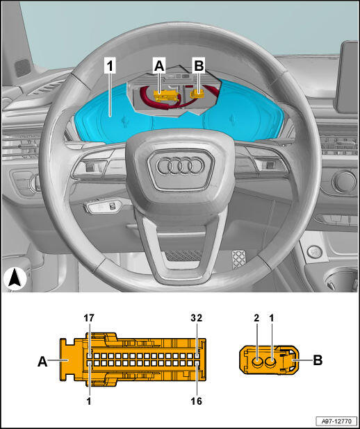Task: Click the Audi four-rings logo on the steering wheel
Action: click(181, 166)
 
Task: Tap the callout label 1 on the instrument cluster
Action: click(110, 66)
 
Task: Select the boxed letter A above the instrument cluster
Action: click(159, 66)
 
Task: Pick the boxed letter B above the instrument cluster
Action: click(199, 66)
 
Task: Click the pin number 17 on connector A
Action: click(89, 318)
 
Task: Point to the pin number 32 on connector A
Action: click(197, 318)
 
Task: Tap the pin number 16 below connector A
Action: click(196, 401)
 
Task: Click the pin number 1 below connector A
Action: click(89, 401)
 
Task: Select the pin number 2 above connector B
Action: click(256, 318)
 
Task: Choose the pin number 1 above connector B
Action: click(272, 318)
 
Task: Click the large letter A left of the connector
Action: click(42, 362)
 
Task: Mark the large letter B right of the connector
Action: click(318, 360)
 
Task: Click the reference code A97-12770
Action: click(336, 421)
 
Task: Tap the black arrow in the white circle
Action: click(15, 279)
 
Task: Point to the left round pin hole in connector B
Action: click(257, 363)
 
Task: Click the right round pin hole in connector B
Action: click(271, 363)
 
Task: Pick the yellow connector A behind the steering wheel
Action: click(166, 96)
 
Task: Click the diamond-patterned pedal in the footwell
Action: click(239, 259)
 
